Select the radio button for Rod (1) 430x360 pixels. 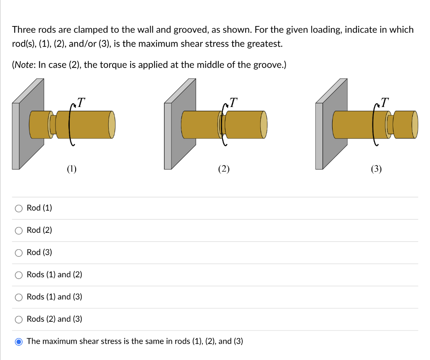coord(18,208)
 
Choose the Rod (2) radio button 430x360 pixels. coord(18,230)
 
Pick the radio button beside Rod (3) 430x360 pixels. coord(18,253)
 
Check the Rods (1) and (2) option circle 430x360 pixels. coord(18,275)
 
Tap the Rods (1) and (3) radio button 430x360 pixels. coord(18,297)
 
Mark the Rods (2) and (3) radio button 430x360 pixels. coord(18,319)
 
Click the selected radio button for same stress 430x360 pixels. coord(18,342)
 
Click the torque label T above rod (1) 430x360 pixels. coord(81,102)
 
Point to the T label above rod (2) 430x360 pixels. coord(233,102)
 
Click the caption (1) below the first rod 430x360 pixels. coord(71,169)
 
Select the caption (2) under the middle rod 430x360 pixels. coord(224,169)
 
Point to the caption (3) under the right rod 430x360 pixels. coord(376,169)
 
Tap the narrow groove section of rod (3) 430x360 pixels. coord(390,125)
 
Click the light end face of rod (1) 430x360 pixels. coord(112,125)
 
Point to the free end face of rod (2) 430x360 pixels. coord(264,125)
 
